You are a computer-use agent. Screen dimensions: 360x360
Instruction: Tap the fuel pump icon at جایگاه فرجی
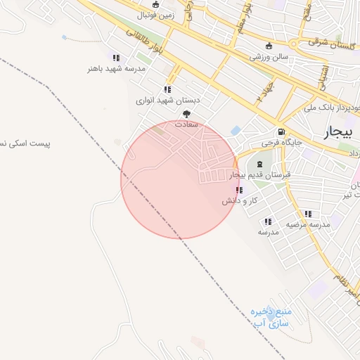tap(281, 131)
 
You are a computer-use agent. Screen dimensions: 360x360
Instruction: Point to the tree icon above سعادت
tap(186, 114)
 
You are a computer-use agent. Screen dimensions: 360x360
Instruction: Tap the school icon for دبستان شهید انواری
tap(167, 89)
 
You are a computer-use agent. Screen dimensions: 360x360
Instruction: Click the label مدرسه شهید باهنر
tap(115, 68)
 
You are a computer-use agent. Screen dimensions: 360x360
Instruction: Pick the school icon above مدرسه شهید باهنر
tap(116, 58)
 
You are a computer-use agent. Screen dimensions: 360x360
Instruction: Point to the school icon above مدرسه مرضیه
tap(308, 214)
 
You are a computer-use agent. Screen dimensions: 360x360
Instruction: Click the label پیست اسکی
tap(25, 143)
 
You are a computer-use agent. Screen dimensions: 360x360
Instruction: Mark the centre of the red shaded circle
tap(179, 179)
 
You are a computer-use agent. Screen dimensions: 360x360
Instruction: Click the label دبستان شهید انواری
tap(168, 101)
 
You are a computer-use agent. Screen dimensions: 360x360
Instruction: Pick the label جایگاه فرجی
tap(281, 143)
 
